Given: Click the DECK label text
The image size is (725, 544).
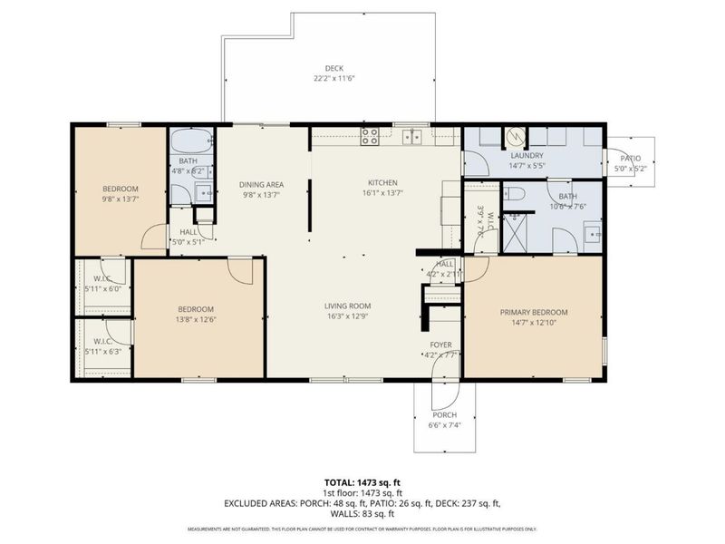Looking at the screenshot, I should (x=334, y=68).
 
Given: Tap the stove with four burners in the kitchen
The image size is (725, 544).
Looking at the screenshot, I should (x=370, y=137).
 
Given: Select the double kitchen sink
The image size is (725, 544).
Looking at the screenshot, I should (x=412, y=137).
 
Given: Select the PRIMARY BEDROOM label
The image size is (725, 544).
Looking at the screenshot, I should (x=533, y=313).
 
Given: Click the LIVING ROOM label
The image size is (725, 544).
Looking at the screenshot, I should (x=349, y=306).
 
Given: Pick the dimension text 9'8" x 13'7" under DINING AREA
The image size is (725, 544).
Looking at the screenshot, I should (x=261, y=194).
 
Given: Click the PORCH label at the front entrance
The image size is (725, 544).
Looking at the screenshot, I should (x=444, y=416).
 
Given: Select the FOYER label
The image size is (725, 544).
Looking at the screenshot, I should (x=440, y=345).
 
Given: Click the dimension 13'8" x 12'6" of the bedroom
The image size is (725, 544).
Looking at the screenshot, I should (x=196, y=319).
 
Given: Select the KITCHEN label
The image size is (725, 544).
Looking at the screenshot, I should (x=382, y=182).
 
